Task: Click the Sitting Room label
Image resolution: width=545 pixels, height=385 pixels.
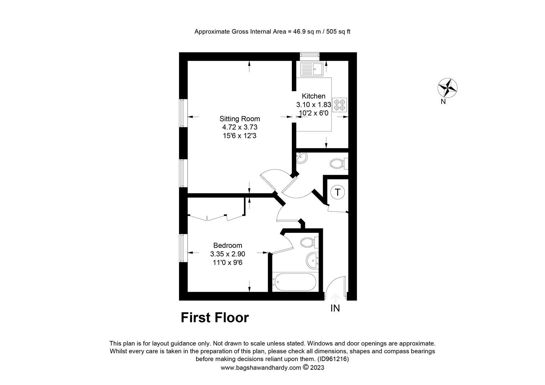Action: point(240,119)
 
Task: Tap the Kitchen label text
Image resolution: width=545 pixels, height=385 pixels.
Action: point(314,96)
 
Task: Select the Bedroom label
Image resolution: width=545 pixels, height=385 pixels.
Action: point(228,245)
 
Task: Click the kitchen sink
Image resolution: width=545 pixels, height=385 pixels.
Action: point(312,69)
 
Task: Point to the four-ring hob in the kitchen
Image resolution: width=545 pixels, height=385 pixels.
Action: point(340,105)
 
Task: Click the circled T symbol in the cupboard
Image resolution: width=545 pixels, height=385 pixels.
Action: point(337,192)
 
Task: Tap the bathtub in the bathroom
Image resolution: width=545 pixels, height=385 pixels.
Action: point(294,282)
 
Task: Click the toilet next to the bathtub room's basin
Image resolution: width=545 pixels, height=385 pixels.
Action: point(309,242)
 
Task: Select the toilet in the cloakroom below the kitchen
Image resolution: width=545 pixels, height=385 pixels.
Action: point(339,163)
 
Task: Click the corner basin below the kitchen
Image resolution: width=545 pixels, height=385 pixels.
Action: point(301,158)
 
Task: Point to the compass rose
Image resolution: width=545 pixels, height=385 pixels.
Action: point(447,88)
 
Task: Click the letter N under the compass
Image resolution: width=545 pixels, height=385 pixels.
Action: point(443,102)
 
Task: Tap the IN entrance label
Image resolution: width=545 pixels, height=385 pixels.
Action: point(335,308)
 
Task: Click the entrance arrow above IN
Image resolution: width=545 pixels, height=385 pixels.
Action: point(336,298)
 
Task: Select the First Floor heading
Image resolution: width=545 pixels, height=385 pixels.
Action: point(215,318)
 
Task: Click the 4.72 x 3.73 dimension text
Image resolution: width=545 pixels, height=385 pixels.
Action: point(240,127)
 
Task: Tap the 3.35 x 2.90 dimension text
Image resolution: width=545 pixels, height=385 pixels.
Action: point(228,254)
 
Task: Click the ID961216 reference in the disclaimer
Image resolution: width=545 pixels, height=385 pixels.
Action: point(333,359)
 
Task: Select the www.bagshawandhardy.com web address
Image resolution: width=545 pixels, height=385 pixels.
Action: point(261,368)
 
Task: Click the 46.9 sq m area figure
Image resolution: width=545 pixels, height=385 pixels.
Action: point(307,32)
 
